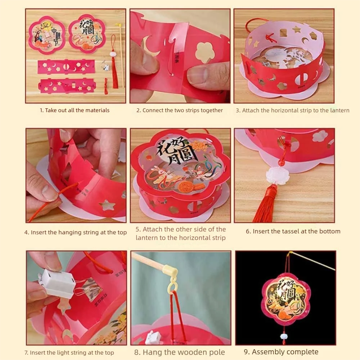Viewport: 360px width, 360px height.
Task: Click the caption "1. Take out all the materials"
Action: point(75,111)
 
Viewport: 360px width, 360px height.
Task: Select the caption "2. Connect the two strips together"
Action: point(179,111)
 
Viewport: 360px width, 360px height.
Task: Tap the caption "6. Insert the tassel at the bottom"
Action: point(293,231)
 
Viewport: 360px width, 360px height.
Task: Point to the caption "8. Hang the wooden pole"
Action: point(179,352)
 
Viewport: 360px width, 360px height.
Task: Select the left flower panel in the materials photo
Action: point(47,35)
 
